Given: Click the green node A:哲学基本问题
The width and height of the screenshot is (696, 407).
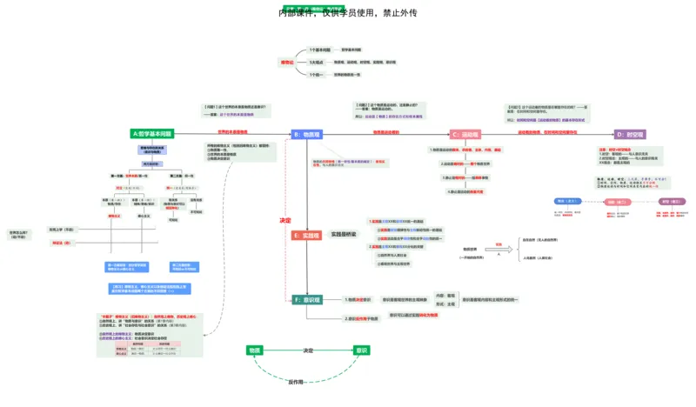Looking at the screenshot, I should tap(152, 134).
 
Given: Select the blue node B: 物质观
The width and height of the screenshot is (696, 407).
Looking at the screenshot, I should tap(307, 134).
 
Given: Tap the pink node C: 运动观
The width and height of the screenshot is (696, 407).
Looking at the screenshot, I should tap(465, 134).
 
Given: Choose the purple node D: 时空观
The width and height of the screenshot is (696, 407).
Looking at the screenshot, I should tap(630, 134).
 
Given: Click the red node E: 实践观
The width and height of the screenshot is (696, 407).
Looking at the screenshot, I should tap(307, 235).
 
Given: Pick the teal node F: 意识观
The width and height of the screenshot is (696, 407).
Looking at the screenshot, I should tap(307, 299).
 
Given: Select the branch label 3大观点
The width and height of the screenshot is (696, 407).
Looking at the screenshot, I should tap(317, 63).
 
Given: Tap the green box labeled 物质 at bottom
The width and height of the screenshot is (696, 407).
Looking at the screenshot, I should tap(254, 350).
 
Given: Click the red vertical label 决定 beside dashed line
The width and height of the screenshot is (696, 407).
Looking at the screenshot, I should tap(284, 220).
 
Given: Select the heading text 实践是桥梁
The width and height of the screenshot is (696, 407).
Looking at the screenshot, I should tap(344, 235).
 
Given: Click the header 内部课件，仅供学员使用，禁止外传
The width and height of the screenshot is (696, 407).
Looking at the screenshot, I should tap(348, 13).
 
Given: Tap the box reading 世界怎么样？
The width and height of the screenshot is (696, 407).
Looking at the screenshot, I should tap(18, 234).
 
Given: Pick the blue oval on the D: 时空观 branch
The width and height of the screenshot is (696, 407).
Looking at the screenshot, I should tap(567, 202).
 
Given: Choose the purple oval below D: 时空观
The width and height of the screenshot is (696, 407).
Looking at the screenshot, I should tap(672, 202).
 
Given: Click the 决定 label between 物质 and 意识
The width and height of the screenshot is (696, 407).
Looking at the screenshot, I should tap(308, 350).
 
